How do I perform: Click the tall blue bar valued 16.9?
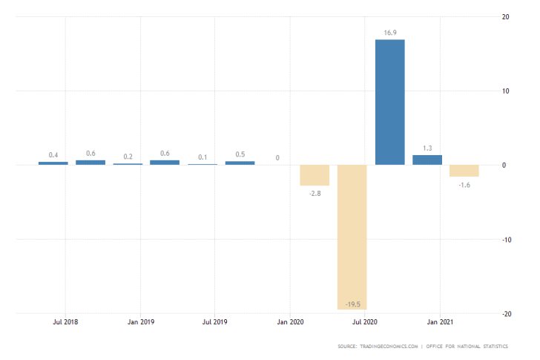389,102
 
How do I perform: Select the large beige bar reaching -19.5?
352,237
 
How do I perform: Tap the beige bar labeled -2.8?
315,175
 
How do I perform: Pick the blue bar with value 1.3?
427,160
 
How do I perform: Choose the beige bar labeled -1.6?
464,171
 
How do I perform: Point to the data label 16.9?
390,33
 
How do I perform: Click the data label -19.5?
352,304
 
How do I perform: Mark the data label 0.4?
53,155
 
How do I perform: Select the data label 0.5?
240,154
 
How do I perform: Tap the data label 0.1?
202,157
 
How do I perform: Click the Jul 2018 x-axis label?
65,323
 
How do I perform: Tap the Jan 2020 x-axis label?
290,323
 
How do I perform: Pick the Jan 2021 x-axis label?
440,323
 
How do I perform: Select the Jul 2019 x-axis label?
215,323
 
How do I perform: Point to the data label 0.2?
128,157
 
